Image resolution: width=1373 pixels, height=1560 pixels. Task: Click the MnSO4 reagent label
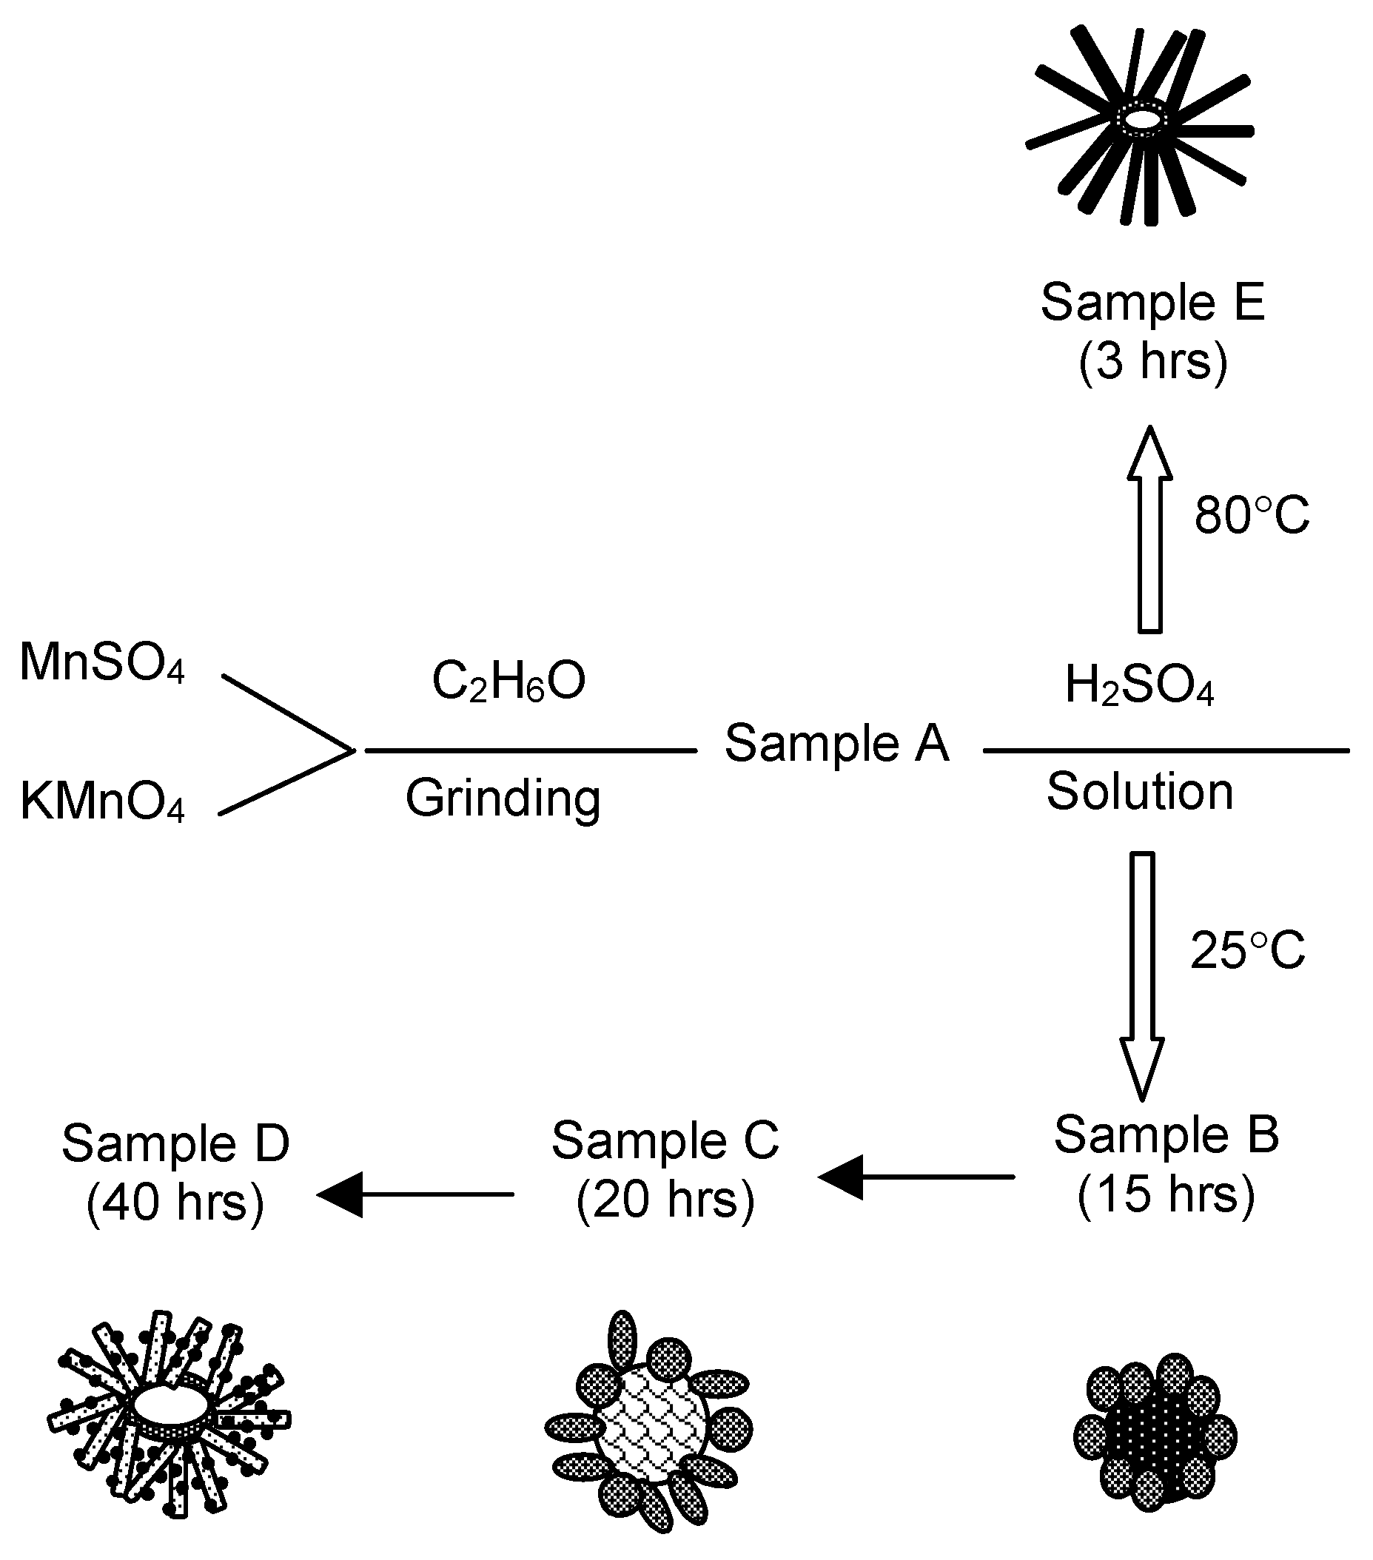(101, 662)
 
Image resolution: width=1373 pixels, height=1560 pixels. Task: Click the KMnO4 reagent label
(101, 801)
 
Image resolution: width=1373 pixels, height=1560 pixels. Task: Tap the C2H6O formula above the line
(508, 681)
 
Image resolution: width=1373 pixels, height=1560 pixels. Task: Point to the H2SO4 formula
(1138, 685)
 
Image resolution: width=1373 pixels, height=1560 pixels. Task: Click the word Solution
(1139, 791)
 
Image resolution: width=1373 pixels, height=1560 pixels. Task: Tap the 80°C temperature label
(1252, 515)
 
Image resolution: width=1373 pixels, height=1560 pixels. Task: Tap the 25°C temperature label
(1248, 951)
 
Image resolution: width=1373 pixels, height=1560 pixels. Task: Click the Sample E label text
(1152, 302)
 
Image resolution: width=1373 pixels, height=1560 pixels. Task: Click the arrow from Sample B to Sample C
(915, 1177)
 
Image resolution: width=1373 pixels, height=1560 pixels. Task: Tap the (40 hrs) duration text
(175, 1202)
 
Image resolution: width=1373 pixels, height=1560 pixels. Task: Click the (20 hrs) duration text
(665, 1199)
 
